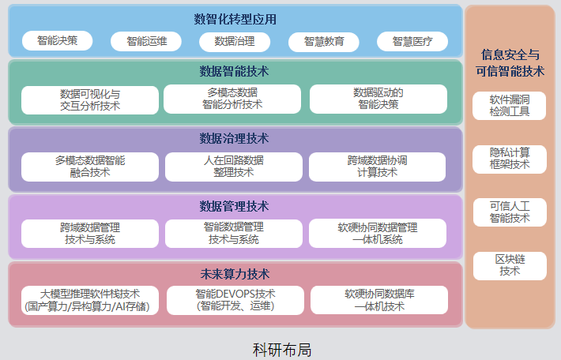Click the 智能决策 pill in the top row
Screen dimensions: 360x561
(x=57, y=41)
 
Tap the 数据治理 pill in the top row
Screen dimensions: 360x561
(x=235, y=42)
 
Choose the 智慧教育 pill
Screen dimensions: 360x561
(x=324, y=42)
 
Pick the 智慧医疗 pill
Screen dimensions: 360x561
(x=412, y=42)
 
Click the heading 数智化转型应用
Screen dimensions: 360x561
(x=235, y=19)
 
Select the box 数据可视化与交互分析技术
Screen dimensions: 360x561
(x=90, y=99)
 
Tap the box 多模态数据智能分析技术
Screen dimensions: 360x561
(x=232, y=99)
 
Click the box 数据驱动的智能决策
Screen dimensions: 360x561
(x=378, y=99)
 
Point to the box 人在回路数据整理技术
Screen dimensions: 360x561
(x=233, y=167)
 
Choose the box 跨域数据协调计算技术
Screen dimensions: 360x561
(x=378, y=167)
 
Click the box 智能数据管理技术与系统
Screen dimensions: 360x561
(x=233, y=234)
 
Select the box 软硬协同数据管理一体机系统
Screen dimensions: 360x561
(x=378, y=234)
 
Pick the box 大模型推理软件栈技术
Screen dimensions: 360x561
(x=90, y=300)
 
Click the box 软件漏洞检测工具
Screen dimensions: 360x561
(x=510, y=106)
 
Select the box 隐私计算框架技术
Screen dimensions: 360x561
(x=510, y=159)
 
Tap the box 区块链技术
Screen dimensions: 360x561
(x=510, y=265)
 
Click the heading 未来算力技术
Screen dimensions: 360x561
(x=235, y=275)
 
